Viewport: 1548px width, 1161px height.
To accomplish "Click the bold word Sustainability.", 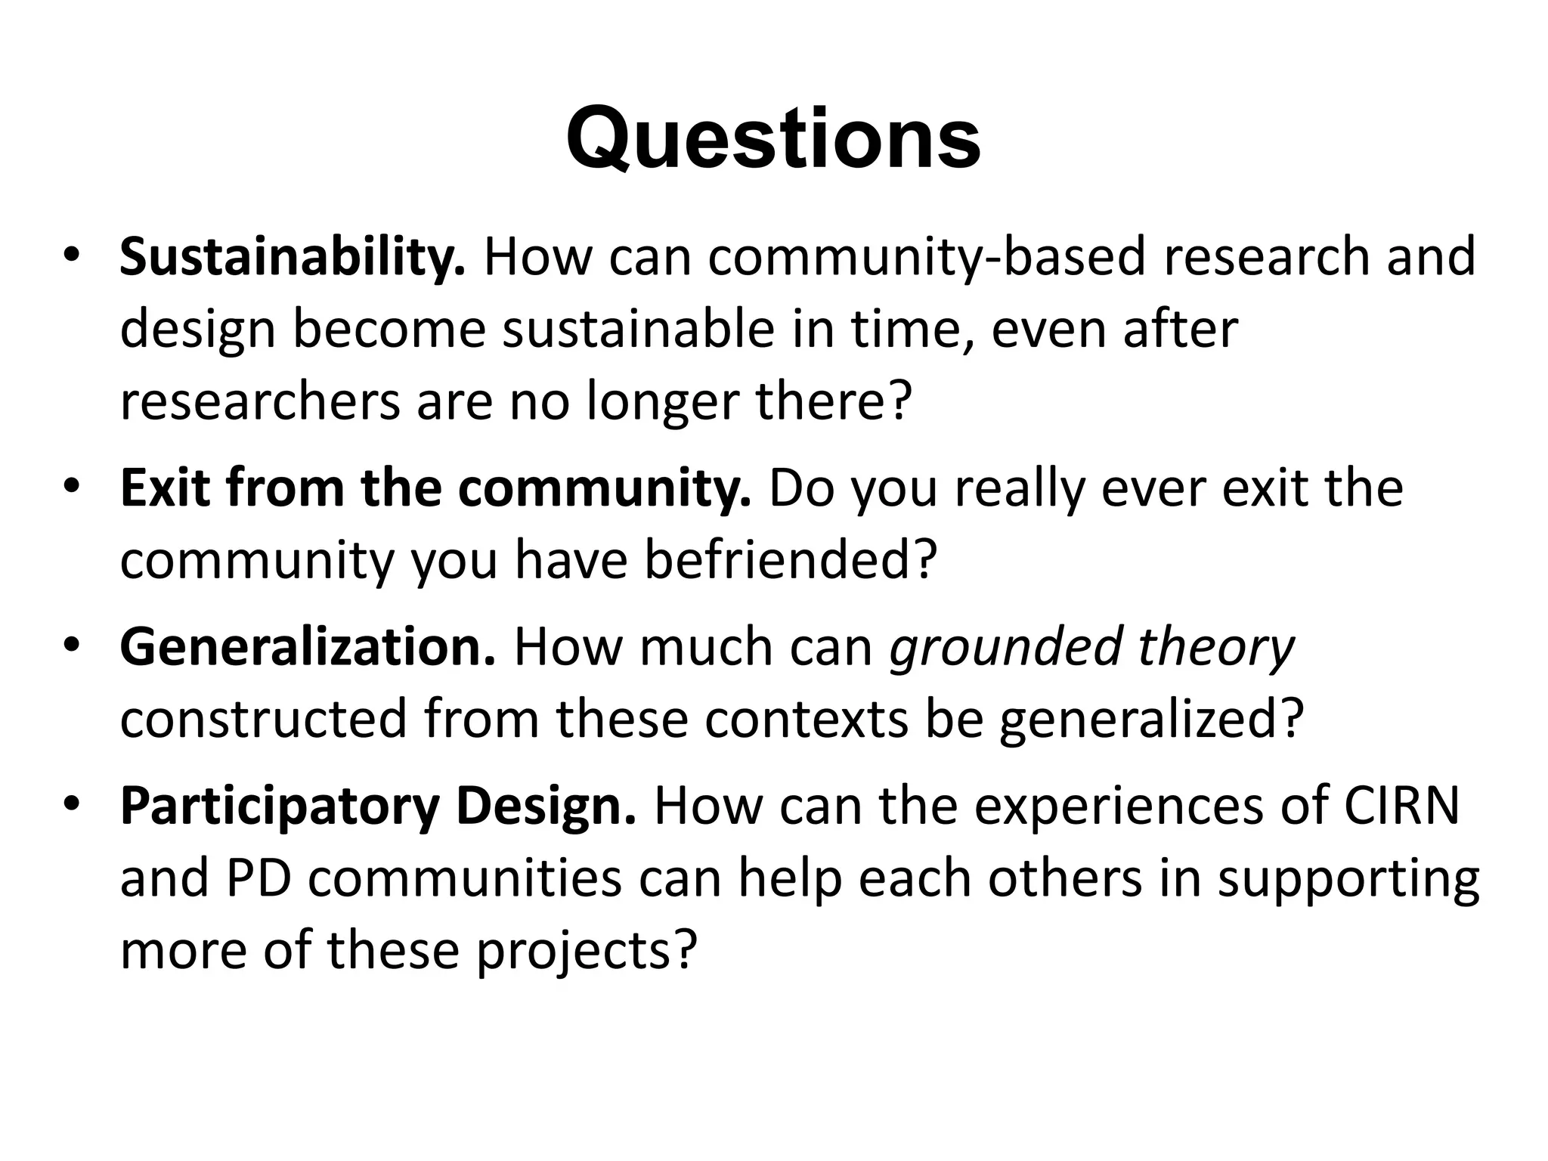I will point(293,257).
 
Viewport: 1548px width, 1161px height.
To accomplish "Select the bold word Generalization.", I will point(308,647).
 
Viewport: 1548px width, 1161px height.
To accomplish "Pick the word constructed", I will point(263,719).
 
